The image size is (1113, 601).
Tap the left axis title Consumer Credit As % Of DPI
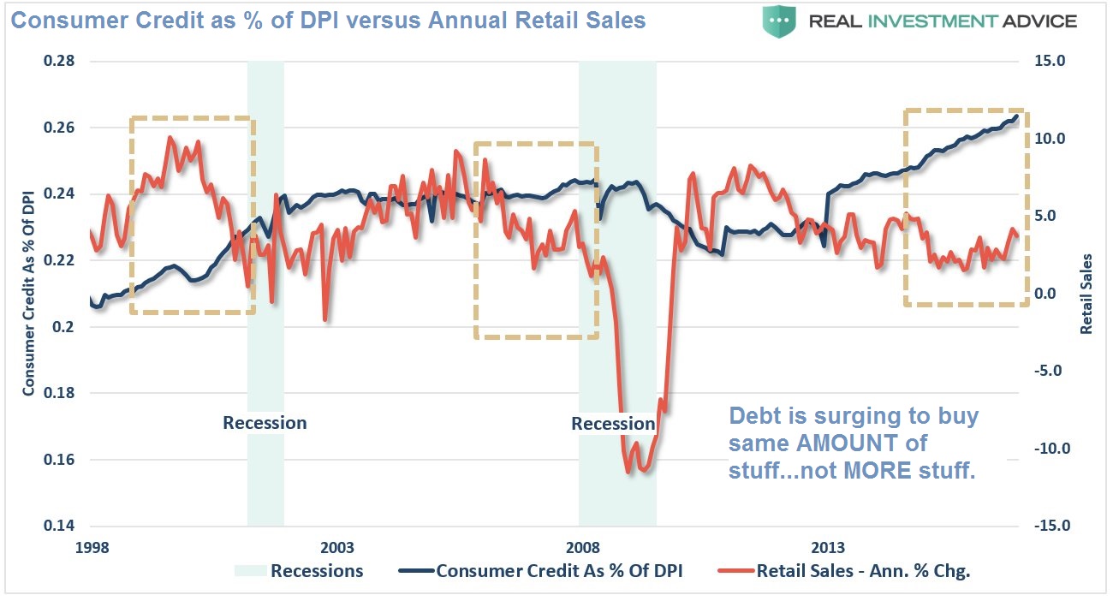click(x=29, y=294)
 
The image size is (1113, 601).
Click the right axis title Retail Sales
click(x=1086, y=294)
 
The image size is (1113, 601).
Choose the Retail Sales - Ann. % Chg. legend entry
click(x=863, y=571)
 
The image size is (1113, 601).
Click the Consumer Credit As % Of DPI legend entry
click(x=559, y=571)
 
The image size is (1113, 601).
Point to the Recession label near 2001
click(x=265, y=422)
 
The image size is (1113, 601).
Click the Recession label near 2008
click(x=613, y=423)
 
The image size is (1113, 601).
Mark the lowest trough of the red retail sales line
click(x=628, y=472)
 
